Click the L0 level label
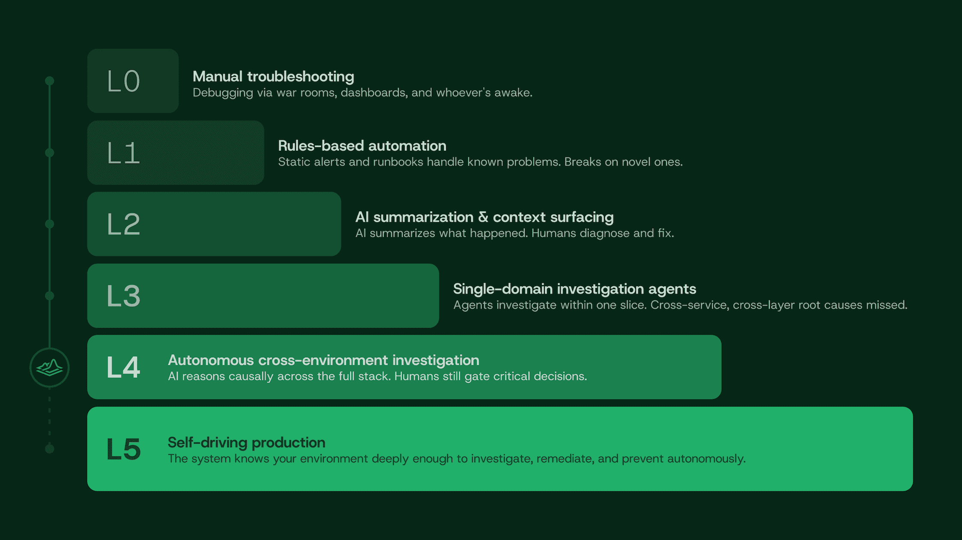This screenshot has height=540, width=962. (123, 81)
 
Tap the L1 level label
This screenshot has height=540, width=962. (123, 153)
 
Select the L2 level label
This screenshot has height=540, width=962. (123, 224)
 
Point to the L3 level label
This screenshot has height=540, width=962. (123, 296)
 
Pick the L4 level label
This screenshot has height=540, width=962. (123, 367)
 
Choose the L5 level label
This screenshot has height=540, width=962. (123, 449)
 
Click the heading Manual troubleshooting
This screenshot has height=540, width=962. (273, 77)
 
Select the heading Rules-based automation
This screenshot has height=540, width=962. (362, 146)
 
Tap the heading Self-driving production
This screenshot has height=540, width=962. (246, 442)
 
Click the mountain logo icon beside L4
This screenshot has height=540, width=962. (50, 368)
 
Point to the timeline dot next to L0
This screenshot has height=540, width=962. (50, 81)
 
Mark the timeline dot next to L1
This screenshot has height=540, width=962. (50, 153)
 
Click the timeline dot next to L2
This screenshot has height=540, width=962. (50, 224)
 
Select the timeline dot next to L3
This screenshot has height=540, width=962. (50, 296)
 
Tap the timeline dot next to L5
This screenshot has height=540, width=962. (50, 448)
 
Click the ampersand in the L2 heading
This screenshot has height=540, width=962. (483, 217)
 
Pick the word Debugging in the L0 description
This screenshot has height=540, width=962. (223, 93)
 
